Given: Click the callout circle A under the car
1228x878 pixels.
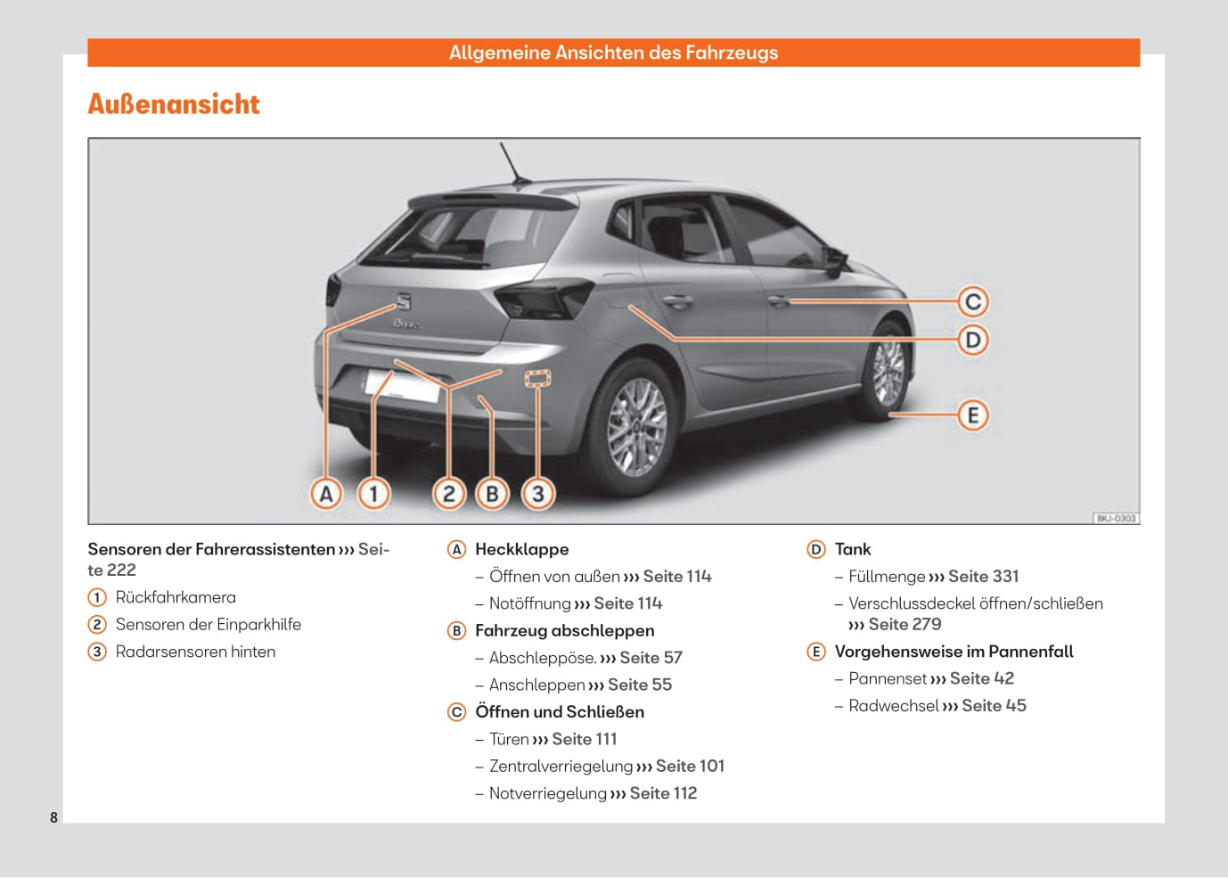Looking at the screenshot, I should point(326,493).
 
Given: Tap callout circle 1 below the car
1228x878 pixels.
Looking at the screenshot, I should point(373,493).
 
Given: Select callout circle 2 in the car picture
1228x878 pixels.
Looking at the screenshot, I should point(449,493).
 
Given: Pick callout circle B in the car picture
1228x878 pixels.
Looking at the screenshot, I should point(492,493).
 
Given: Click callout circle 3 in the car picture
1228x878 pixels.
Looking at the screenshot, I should point(537,493).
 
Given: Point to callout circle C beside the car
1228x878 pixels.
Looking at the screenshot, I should point(973,301).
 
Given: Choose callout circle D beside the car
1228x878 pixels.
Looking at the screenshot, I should point(973,340).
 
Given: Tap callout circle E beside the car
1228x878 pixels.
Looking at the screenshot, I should point(973,414).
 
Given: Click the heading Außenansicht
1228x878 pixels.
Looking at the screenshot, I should point(174,104).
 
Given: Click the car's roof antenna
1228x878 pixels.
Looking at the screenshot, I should point(515,166).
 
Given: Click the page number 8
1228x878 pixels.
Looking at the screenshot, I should point(53,817).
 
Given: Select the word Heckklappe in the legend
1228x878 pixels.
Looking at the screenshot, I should point(521,549).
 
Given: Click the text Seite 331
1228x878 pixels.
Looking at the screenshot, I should point(983,576).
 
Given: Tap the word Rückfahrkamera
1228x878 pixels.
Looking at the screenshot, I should point(176,597).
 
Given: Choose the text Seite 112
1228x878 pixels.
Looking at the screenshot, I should point(663,792).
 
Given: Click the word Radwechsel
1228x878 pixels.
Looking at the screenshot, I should point(893,705).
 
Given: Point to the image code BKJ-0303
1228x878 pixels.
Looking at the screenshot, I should point(1116,518).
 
